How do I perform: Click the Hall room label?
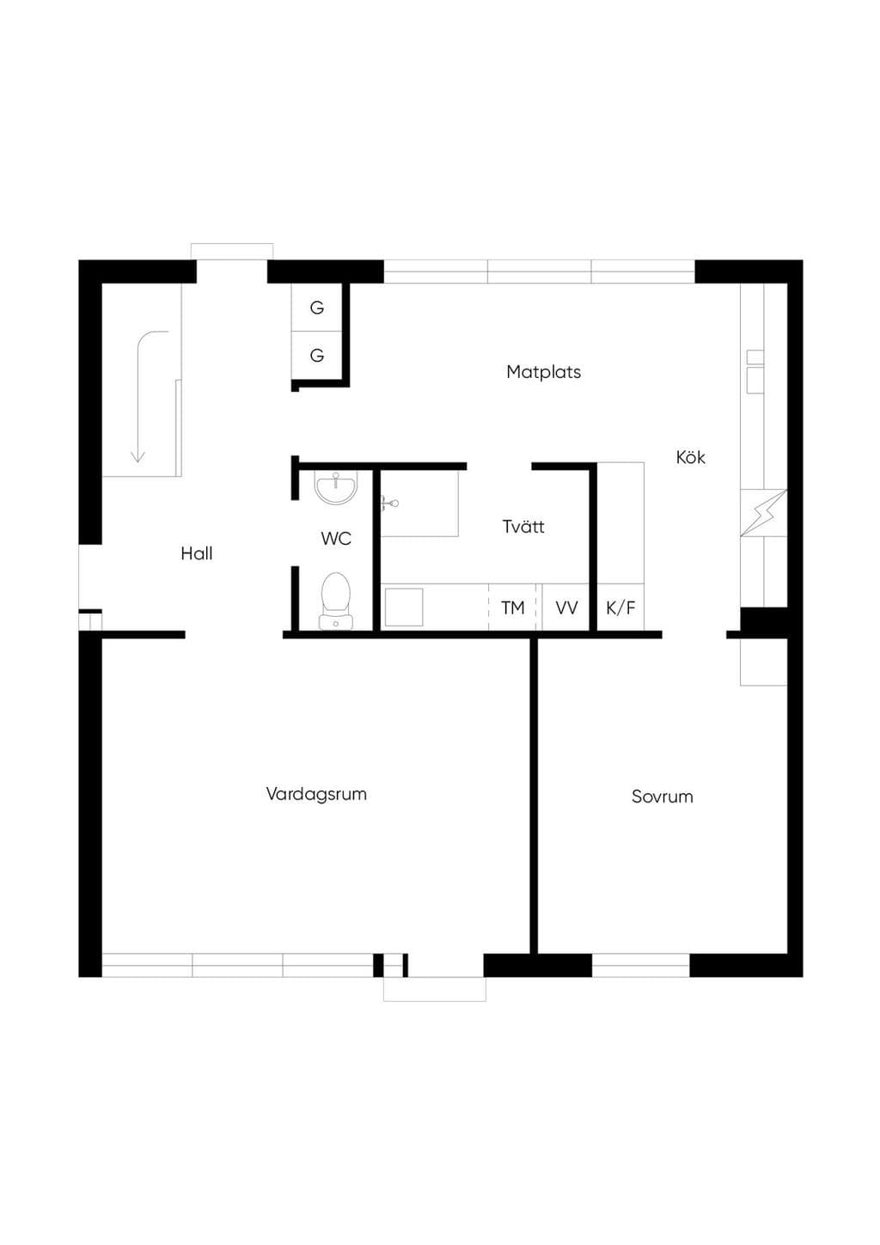[x=197, y=553]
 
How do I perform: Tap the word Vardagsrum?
[x=316, y=794]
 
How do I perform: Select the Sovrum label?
[x=662, y=797]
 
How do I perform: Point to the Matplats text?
[x=544, y=372]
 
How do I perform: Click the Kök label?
[x=690, y=457]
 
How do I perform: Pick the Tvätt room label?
[x=523, y=526]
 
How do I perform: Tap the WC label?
[x=336, y=538]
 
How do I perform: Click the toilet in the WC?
[x=336, y=601]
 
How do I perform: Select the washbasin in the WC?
[x=336, y=488]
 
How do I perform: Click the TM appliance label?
[x=512, y=608]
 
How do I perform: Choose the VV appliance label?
[x=566, y=608]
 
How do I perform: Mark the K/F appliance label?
[x=620, y=608]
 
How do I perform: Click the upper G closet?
[x=317, y=308]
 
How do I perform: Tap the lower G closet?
[x=317, y=355]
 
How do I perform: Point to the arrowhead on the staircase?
[x=137, y=456]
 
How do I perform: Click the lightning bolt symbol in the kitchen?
[x=763, y=513]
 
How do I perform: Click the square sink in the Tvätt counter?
[x=404, y=607]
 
